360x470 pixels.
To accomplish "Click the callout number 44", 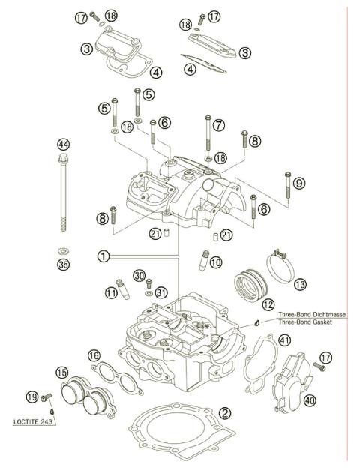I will pos(63,144).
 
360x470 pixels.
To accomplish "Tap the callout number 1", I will pos(104,256).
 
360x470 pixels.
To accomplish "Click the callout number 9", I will pos(298,183).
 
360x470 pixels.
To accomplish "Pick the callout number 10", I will pos(216,263).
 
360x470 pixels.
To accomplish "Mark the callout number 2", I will pos(225,413).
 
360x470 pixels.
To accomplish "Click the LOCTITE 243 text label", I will pos(37,422).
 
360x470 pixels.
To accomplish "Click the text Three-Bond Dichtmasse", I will pos(312,315).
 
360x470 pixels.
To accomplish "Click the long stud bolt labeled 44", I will pos(63,195).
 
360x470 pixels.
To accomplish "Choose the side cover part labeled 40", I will pos(288,382).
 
